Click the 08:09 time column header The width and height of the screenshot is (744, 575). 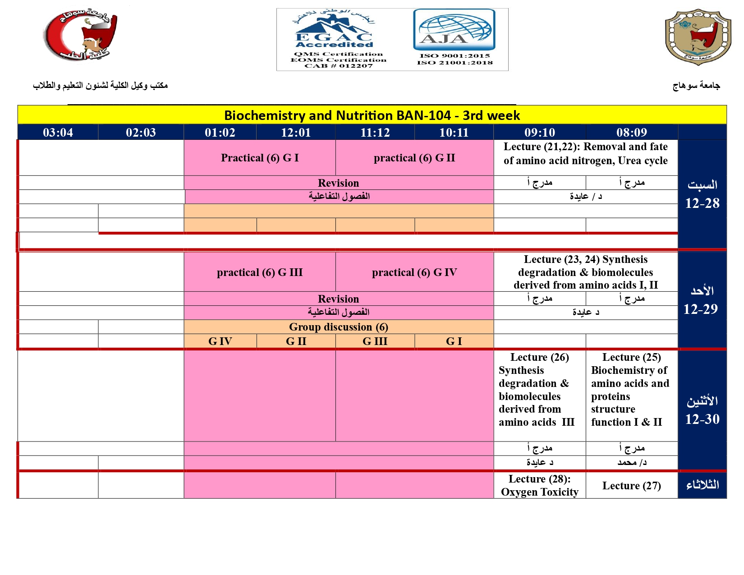point(631,133)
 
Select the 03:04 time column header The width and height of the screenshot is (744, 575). point(58,133)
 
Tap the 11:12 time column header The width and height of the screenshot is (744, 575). point(375,133)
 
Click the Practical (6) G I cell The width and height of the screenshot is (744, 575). point(260,158)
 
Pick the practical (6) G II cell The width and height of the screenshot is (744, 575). point(414,158)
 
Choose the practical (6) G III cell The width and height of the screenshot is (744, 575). point(260,272)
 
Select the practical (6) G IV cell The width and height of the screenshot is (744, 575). point(414,272)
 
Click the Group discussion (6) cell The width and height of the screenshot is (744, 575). point(338,327)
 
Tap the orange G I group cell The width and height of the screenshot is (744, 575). point(454,341)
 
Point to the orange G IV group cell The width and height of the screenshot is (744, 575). point(220,341)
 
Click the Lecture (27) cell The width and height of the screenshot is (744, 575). point(631,486)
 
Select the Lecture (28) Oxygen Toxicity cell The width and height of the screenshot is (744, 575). point(539,486)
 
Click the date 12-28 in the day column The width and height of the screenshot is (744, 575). point(702,203)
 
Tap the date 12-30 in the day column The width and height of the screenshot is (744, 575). point(702,419)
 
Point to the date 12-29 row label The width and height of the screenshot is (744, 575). point(700,309)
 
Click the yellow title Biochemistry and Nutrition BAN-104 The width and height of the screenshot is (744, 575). point(372,115)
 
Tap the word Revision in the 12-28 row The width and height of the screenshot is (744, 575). point(338,183)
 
